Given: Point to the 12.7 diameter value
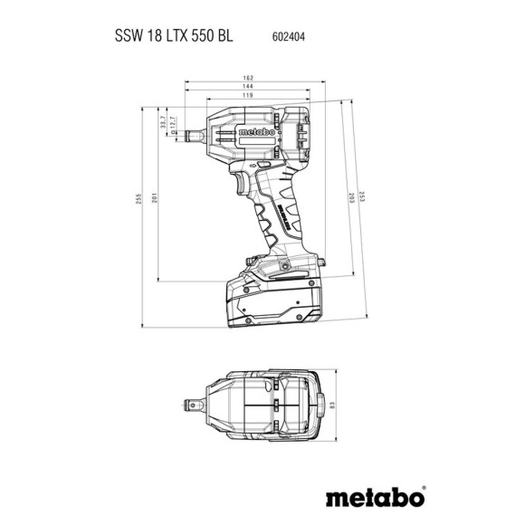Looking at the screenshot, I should pyautogui.click(x=174, y=127).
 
